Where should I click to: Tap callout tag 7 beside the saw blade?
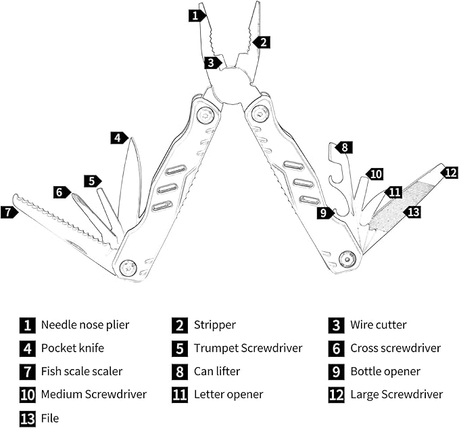tap(8, 212)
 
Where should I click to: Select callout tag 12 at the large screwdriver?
tap(450, 172)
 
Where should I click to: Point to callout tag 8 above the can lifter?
tap(344, 147)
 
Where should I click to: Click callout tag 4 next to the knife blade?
tap(119, 137)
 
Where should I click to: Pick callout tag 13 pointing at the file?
tap(412, 212)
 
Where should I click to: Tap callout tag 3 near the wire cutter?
tap(212, 63)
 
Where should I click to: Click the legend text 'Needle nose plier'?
tap(84, 325)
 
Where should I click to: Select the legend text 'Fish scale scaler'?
tap(82, 371)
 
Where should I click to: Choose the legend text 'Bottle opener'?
tap(385, 371)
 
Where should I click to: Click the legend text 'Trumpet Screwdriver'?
tap(247, 348)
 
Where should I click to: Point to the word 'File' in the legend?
tap(50, 418)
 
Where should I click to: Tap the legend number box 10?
tap(27, 394)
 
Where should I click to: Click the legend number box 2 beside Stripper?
tap(179, 325)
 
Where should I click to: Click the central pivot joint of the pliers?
tap(231, 86)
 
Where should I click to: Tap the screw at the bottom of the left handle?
tap(128, 268)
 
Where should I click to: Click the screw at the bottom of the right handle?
tap(347, 257)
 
